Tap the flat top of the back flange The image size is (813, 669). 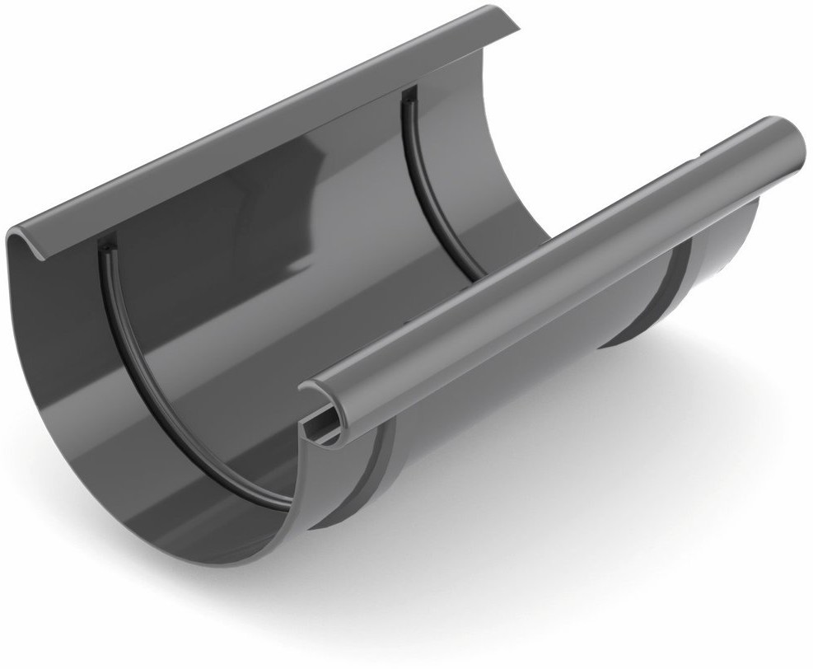(247, 124)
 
